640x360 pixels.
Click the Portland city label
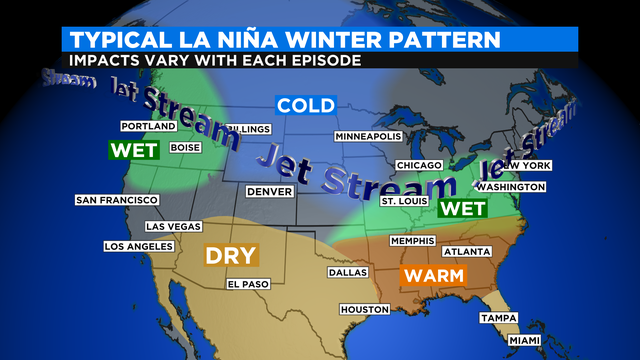point(148,126)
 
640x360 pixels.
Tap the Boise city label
point(186,147)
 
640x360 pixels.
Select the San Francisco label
point(116,200)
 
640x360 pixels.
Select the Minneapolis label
point(368,136)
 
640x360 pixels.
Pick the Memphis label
point(412,241)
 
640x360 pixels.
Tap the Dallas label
point(347,272)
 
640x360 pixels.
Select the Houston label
point(363,309)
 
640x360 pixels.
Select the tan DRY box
point(231,255)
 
